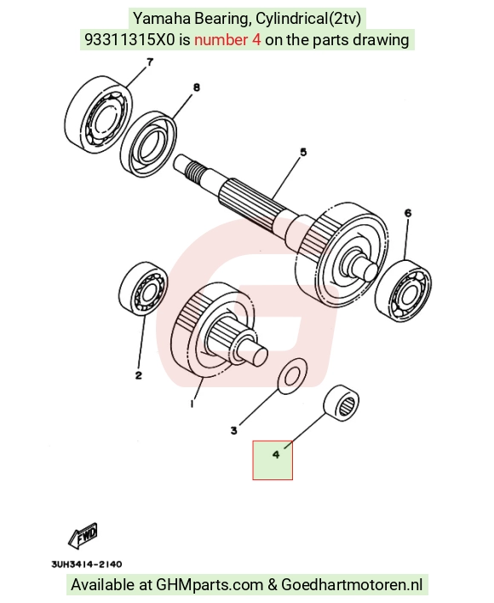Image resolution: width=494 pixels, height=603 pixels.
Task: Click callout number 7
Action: pos(150,61)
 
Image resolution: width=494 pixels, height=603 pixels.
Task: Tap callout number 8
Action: pos(196,88)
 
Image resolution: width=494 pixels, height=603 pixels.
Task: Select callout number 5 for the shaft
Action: pos(303,153)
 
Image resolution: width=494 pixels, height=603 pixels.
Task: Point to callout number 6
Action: pos(408,212)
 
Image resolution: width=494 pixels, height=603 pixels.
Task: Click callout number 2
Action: pos(139,375)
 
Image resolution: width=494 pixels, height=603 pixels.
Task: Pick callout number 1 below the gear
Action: pos(192,403)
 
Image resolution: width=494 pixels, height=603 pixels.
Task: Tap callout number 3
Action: pos(234,431)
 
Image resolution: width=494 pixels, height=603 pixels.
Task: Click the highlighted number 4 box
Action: pos(273,461)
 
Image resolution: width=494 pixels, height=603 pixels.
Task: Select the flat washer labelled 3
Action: pos(292,376)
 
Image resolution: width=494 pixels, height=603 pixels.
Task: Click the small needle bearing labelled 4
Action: pos(341,400)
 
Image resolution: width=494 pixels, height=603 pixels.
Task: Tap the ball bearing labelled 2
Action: pos(143,288)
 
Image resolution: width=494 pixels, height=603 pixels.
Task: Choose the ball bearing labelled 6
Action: pos(403,290)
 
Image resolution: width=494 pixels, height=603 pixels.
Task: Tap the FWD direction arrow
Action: pos(83,536)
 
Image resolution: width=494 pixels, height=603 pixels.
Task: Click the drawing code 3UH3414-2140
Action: pos(87,564)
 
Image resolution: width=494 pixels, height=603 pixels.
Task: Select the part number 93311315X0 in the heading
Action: pos(129,39)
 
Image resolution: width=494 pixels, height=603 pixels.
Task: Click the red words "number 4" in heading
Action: pos(227,39)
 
